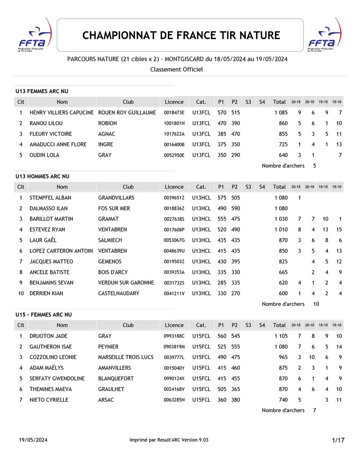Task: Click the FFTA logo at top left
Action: tap(35, 35)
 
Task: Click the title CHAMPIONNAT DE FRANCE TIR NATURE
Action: tap(181, 35)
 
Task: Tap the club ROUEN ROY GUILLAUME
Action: tap(127, 113)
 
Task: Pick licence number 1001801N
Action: tap(174, 123)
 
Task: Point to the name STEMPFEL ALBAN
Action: tap(50, 198)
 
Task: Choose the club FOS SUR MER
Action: tap(114, 209)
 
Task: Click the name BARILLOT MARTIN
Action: tap(51, 219)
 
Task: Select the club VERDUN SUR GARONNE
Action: tap(126, 283)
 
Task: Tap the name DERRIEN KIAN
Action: tap(46, 294)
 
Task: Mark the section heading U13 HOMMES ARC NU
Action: tap(43, 177)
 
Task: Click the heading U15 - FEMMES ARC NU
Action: tap(44, 314)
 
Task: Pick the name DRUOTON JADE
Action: tap(48, 336)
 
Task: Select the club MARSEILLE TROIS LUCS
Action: tap(126, 357)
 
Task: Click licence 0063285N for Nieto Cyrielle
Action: tap(174, 399)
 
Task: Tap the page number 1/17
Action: tap(338, 440)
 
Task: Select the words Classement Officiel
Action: tap(176, 69)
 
